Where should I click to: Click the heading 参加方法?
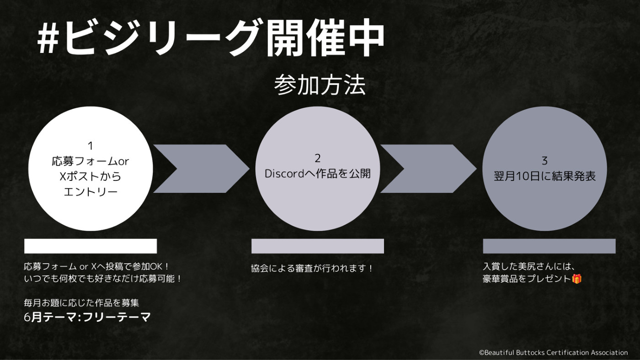coord(320,85)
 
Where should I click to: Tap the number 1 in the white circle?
coord(91,146)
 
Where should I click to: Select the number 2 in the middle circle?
coord(317,158)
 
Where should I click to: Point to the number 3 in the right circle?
coord(544,161)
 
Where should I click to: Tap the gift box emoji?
coord(576,279)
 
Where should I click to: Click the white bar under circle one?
coord(91,246)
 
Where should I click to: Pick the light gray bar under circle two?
coord(318,246)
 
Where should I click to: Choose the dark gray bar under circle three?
coord(549,246)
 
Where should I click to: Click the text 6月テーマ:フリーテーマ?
coord(87,317)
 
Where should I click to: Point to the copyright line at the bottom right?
coord(554,353)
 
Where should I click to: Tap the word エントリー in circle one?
coord(91,191)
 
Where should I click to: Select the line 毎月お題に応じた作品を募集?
coord(81,302)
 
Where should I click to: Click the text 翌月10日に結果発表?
coord(544,176)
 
